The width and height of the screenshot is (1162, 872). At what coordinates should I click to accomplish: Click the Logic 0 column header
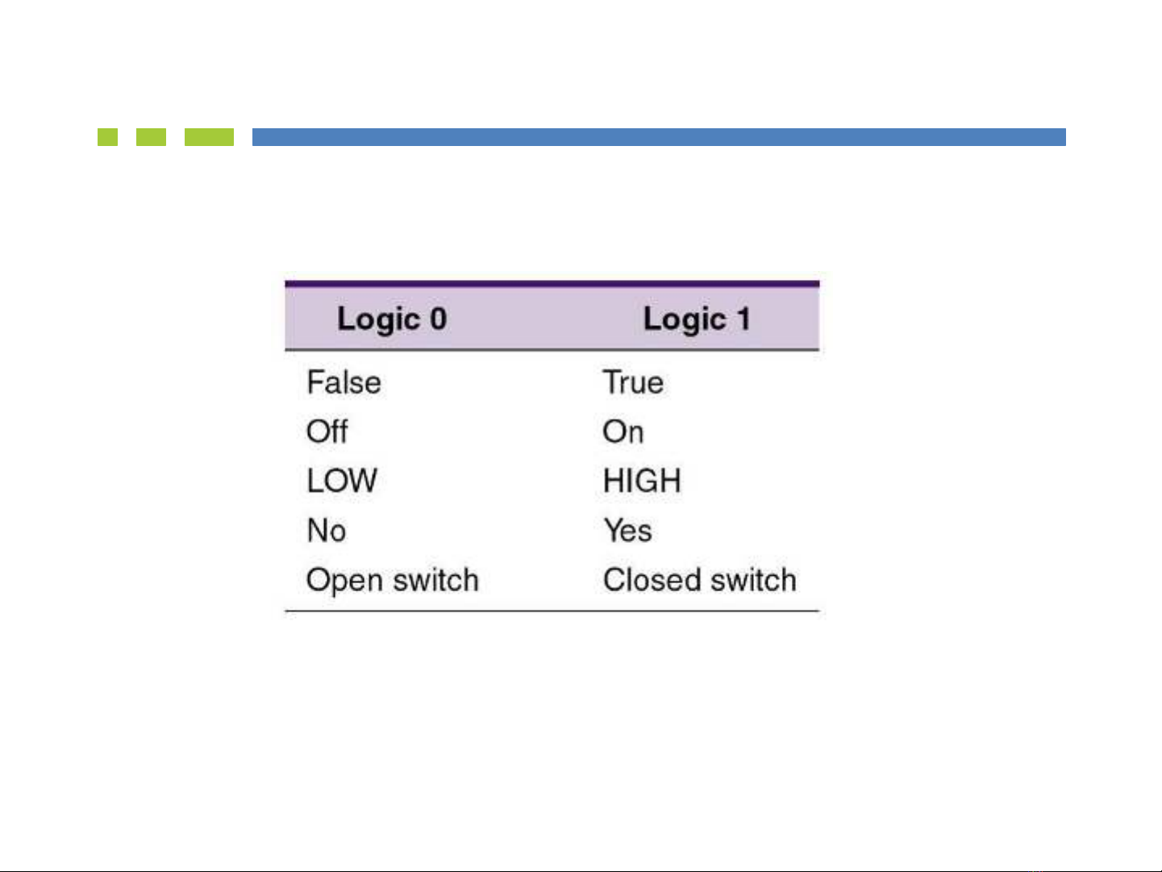click(x=392, y=319)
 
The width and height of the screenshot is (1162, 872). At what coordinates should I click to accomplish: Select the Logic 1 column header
click(x=698, y=319)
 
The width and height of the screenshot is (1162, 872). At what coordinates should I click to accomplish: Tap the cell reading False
click(x=344, y=382)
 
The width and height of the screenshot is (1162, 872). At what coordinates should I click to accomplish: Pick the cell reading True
click(x=633, y=382)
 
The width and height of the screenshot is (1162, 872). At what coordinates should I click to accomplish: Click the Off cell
click(x=327, y=431)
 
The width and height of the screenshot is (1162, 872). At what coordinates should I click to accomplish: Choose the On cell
click(x=623, y=432)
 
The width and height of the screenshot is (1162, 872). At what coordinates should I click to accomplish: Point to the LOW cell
click(x=342, y=481)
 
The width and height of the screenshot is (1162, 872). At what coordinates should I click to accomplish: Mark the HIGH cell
click(x=642, y=481)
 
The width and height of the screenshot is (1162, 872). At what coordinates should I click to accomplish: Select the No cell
click(x=327, y=530)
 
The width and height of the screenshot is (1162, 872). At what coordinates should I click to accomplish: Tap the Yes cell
click(x=628, y=530)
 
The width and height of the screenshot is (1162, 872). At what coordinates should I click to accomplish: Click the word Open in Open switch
click(x=344, y=581)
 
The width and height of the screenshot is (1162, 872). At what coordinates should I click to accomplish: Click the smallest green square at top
click(x=107, y=136)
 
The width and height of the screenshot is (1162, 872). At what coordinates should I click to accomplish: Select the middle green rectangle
click(x=151, y=136)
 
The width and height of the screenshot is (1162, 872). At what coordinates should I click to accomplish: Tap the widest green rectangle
click(x=209, y=136)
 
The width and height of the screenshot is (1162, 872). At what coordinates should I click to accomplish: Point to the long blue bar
click(x=659, y=136)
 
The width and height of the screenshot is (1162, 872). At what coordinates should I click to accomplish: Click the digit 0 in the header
click(x=439, y=319)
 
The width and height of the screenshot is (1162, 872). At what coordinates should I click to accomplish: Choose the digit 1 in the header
click(x=744, y=319)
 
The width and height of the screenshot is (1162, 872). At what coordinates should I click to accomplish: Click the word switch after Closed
click(x=754, y=580)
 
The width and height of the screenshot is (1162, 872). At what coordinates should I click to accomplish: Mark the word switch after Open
click(x=436, y=580)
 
